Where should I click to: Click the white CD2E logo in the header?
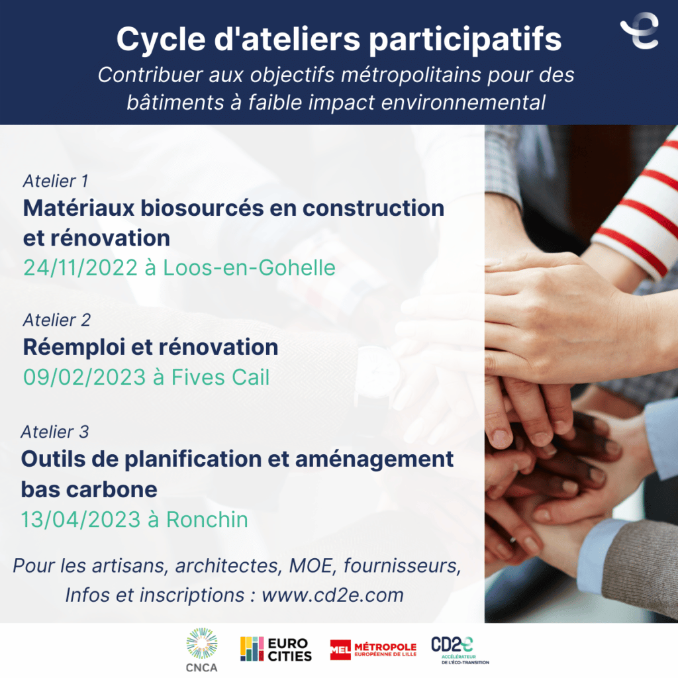tap(640, 30)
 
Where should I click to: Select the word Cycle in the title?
tap(161, 39)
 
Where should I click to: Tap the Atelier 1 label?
tap(56, 181)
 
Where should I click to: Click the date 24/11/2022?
tap(80, 267)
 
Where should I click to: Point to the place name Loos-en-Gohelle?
tap(249, 267)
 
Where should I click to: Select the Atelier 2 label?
tap(57, 320)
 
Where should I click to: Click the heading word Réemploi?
tap(74, 347)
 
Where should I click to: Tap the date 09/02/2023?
tap(84, 377)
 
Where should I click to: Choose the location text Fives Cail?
tap(220, 377)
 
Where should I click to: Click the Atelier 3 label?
tap(54, 432)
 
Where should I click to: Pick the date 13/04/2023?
tap(81, 519)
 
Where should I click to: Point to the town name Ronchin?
tap(207, 519)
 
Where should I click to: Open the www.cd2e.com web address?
tap(332, 595)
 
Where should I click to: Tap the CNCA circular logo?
tap(202, 650)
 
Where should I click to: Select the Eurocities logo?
tap(276, 649)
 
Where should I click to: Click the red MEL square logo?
tap(340, 650)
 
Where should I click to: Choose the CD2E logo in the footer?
tap(460, 650)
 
